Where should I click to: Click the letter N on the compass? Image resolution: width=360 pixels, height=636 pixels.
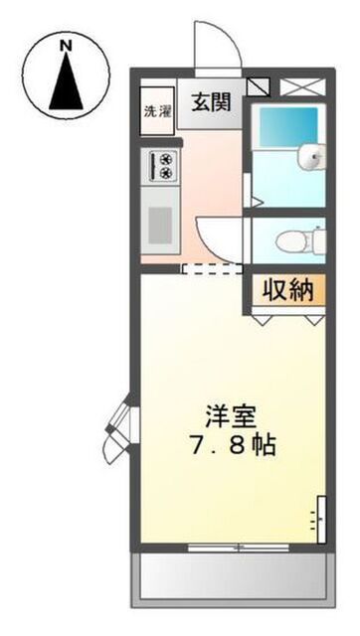tap(66, 46)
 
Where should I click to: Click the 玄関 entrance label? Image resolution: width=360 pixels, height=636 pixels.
tap(211, 101)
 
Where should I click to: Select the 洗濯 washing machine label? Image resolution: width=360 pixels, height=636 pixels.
tap(157, 111)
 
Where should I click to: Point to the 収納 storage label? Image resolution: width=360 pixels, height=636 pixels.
tap(288, 290)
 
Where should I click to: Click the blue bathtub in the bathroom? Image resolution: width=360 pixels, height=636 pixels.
tap(288, 126)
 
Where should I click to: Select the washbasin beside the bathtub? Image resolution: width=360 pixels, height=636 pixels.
tap(311, 156)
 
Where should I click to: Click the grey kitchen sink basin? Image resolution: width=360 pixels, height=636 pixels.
tap(160, 226)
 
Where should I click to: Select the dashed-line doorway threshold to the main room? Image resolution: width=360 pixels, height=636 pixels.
tap(212, 269)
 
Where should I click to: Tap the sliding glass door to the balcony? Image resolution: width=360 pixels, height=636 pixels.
tap(239, 548)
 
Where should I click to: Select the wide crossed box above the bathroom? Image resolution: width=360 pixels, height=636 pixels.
tap(302, 86)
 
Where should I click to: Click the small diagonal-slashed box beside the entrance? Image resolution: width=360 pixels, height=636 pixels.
tap(259, 86)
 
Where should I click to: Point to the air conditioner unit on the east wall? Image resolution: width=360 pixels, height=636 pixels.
tap(321, 519)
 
